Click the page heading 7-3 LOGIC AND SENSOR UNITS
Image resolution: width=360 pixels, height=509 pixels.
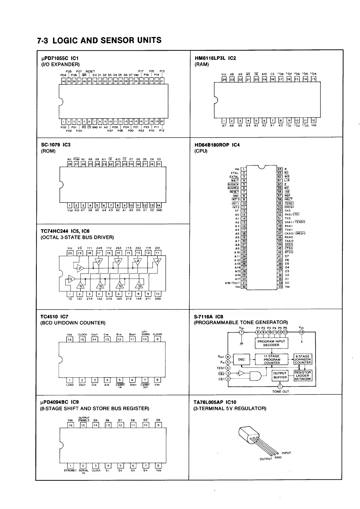[x=99, y=41]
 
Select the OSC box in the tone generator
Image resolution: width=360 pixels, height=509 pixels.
[x=241, y=359]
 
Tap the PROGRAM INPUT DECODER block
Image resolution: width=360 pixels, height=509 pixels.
[x=271, y=343]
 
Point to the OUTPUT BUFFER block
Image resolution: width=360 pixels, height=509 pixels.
[x=280, y=375]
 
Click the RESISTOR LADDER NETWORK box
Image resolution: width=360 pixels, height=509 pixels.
[x=303, y=376]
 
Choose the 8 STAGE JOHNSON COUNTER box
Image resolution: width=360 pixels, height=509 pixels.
[x=303, y=359]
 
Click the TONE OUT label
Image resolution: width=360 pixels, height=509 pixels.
[x=281, y=391]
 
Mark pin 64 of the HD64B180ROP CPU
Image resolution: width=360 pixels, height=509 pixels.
[x=280, y=169]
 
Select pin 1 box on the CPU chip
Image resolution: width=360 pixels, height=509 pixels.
[x=244, y=169]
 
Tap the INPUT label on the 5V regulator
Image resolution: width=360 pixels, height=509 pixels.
[x=286, y=453]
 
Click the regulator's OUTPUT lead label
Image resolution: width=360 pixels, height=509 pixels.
[x=266, y=459]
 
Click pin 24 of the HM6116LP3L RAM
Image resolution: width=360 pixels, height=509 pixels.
[x=224, y=79]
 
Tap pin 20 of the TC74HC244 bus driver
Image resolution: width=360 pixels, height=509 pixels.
[x=70, y=253]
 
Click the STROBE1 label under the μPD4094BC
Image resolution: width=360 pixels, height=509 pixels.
[x=70, y=470]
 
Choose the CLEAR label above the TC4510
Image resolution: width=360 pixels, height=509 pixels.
[x=157, y=334]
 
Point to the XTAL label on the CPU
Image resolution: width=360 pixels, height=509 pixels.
[x=235, y=173]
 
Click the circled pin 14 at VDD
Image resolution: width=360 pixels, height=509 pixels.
[x=301, y=332]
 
